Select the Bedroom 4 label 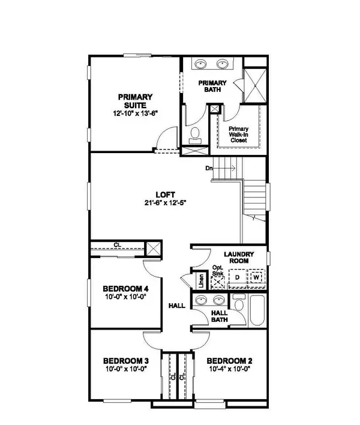click(x=126, y=288)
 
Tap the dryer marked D click(x=238, y=278)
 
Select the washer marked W click(x=256, y=278)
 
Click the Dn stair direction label click(x=209, y=168)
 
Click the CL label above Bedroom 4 click(x=117, y=245)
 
